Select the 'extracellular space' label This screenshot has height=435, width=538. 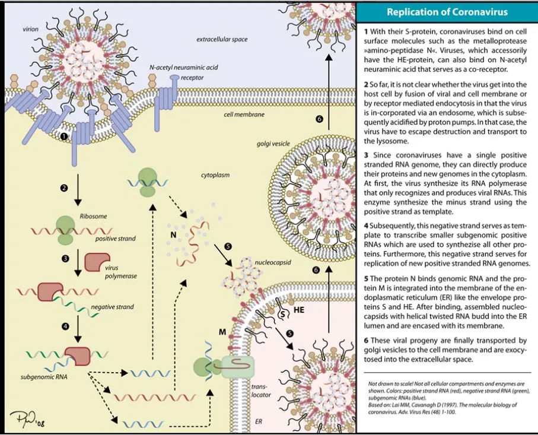click(222, 39)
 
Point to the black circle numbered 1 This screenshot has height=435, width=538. click(64, 136)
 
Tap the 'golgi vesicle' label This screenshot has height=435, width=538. click(272, 144)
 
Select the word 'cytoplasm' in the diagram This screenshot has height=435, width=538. click(215, 175)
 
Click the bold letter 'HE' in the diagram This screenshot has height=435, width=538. click(300, 310)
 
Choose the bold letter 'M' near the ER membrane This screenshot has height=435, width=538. click(222, 331)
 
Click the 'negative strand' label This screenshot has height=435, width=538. click(112, 307)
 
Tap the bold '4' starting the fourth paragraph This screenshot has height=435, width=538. click(366, 227)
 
